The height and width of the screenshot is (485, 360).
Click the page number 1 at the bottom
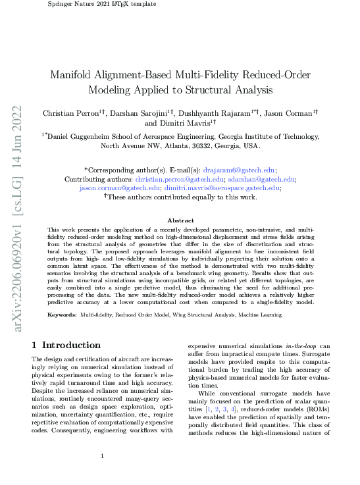pos(103,456)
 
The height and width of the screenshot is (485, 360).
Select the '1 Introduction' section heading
pos(66,345)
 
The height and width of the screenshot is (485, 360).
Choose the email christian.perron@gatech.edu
pos(180,178)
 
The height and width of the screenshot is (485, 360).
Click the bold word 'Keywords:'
pos(62,315)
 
